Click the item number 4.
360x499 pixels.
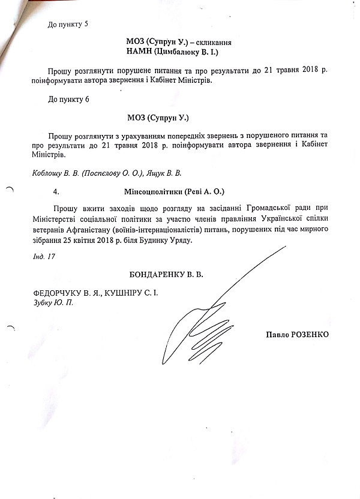(55, 193)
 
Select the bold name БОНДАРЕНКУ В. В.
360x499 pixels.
(166, 275)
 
